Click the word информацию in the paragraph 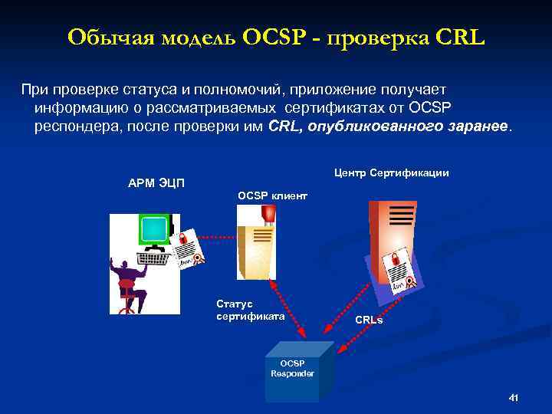[80, 108]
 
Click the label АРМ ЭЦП [156, 182]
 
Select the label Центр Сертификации [391, 173]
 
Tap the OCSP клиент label [272, 196]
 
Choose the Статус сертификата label [239, 310]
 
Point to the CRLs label [369, 320]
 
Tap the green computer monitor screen [154, 228]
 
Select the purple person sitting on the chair [128, 280]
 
